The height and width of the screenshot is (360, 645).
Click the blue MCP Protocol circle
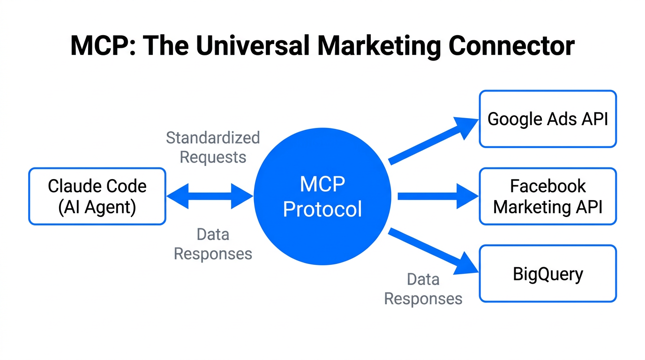[x=322, y=196]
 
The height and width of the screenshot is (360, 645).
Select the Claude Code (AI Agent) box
[x=97, y=196]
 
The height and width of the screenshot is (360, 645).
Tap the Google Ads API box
[x=547, y=119]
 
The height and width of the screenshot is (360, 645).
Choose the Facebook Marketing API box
[x=547, y=196]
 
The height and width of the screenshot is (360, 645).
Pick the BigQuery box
[x=547, y=273]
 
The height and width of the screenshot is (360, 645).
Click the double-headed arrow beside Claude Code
[x=210, y=196]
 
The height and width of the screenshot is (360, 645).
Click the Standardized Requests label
[x=213, y=147]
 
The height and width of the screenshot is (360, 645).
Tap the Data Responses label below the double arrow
[x=213, y=244]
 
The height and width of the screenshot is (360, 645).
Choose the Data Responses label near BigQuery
[x=423, y=289]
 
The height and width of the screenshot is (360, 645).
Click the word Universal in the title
[x=249, y=46]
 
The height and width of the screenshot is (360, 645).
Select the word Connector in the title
[x=511, y=46]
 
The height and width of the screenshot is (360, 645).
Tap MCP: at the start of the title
[x=103, y=46]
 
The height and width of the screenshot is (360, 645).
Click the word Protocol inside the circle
[x=322, y=209]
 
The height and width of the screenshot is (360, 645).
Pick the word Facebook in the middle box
[x=547, y=186]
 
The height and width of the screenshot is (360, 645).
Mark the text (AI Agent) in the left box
[x=97, y=207]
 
